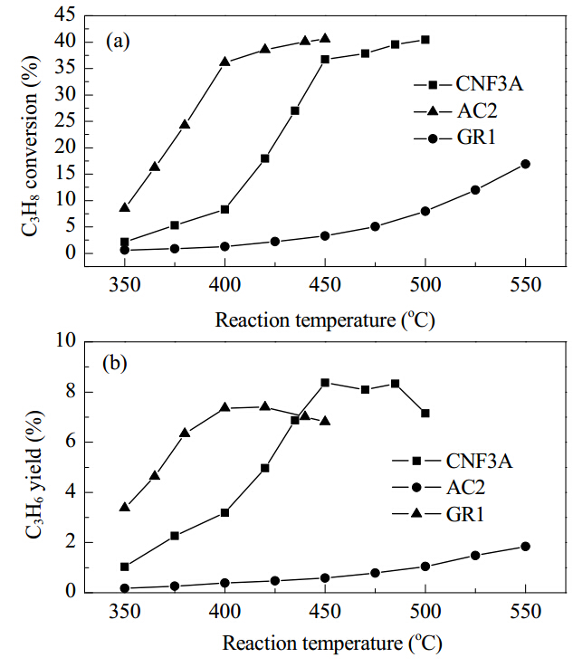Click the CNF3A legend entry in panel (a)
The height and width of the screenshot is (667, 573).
tap(468, 84)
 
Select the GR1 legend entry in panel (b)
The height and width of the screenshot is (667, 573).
tap(438, 514)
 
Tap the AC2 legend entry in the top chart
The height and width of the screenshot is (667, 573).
tap(455, 111)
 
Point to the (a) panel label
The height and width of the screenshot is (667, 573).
tap(118, 42)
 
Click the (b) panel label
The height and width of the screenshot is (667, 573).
tap(115, 363)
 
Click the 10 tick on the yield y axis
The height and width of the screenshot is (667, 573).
tap(66, 340)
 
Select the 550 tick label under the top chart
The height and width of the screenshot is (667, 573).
tap(525, 284)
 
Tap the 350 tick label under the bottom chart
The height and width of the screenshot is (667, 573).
tap(124, 611)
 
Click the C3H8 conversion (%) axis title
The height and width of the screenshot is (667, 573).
tap(31, 146)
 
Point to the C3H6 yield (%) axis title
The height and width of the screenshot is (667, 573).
tap(34, 474)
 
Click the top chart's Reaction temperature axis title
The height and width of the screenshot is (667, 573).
tap(325, 319)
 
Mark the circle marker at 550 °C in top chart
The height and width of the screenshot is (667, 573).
tap(525, 164)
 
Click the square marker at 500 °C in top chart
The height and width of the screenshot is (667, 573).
tap(425, 40)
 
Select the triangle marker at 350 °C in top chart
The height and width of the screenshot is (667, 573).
tap(124, 207)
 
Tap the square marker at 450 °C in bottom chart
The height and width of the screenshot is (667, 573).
tap(325, 383)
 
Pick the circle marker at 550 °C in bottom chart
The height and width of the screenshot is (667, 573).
tap(525, 547)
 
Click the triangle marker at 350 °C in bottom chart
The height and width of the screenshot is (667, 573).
tap(124, 507)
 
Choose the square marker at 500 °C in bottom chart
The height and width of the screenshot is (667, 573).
tap(425, 413)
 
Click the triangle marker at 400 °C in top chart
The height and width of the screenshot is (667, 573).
tap(224, 62)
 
